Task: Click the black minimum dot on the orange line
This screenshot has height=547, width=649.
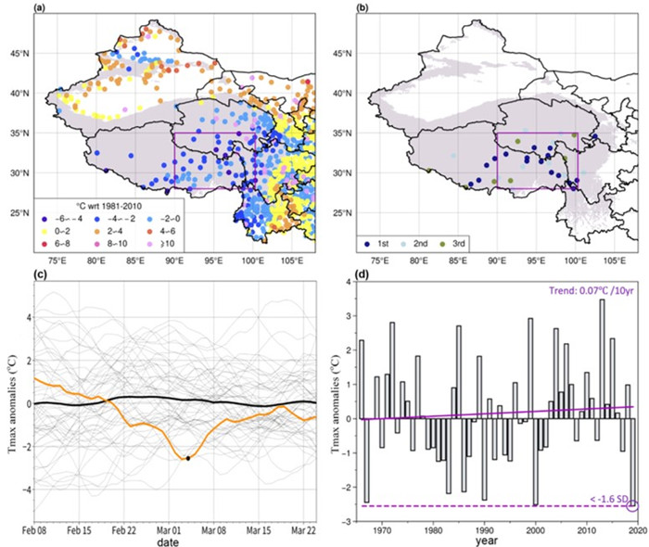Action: pos(188,458)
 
